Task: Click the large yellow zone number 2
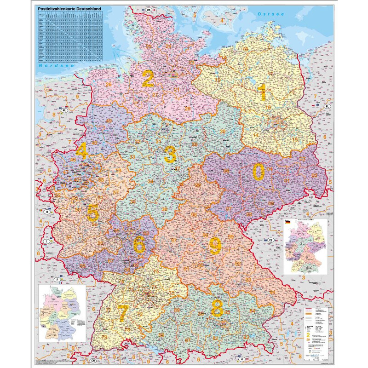pyautogui.click(x=148, y=79)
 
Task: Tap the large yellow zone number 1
pyautogui.click(x=262, y=92)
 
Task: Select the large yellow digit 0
pyautogui.click(x=258, y=172)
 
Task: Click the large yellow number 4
pyautogui.click(x=82, y=151)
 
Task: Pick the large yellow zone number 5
pyautogui.click(x=93, y=213)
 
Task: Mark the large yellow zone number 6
pyautogui.click(x=139, y=244)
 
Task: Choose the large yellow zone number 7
pyautogui.click(x=123, y=313)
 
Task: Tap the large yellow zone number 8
pyautogui.click(x=217, y=309)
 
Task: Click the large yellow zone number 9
pyautogui.click(x=215, y=246)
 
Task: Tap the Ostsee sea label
pyautogui.click(x=271, y=14)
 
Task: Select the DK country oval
pyautogui.click(x=148, y=9)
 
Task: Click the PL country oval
pyautogui.click(x=327, y=106)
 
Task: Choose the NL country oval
pyautogui.click(x=65, y=111)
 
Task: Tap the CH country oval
pyautogui.click(x=93, y=361)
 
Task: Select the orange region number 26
pyautogui.click(x=109, y=85)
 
